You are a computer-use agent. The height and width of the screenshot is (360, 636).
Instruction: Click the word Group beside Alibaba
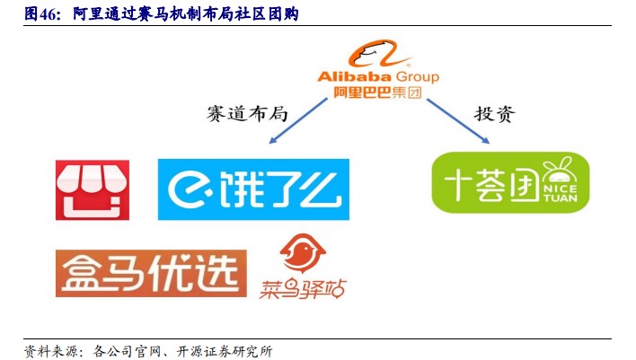tap(417, 77)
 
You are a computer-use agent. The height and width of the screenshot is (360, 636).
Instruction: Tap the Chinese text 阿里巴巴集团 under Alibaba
tap(377, 92)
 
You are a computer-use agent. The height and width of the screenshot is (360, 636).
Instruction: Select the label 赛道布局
tap(247, 113)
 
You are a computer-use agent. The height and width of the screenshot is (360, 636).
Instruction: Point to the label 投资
tap(494, 113)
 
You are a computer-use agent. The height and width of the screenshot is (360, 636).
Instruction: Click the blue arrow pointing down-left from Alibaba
tap(297, 121)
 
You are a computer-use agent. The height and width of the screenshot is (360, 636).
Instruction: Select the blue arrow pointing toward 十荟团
tap(458, 121)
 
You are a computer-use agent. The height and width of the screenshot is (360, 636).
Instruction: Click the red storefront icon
tap(93, 190)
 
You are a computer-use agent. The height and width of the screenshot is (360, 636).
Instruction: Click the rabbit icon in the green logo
tap(560, 171)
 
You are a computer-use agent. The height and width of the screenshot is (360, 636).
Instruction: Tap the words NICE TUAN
tap(561, 194)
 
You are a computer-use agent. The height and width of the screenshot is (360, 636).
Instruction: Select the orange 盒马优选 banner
tap(151, 273)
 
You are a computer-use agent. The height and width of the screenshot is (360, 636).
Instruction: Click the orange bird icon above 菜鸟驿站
tap(303, 252)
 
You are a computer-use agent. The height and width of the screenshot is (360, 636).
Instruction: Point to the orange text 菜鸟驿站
tap(303, 289)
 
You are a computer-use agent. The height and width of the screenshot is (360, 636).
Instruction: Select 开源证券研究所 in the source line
tap(225, 351)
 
